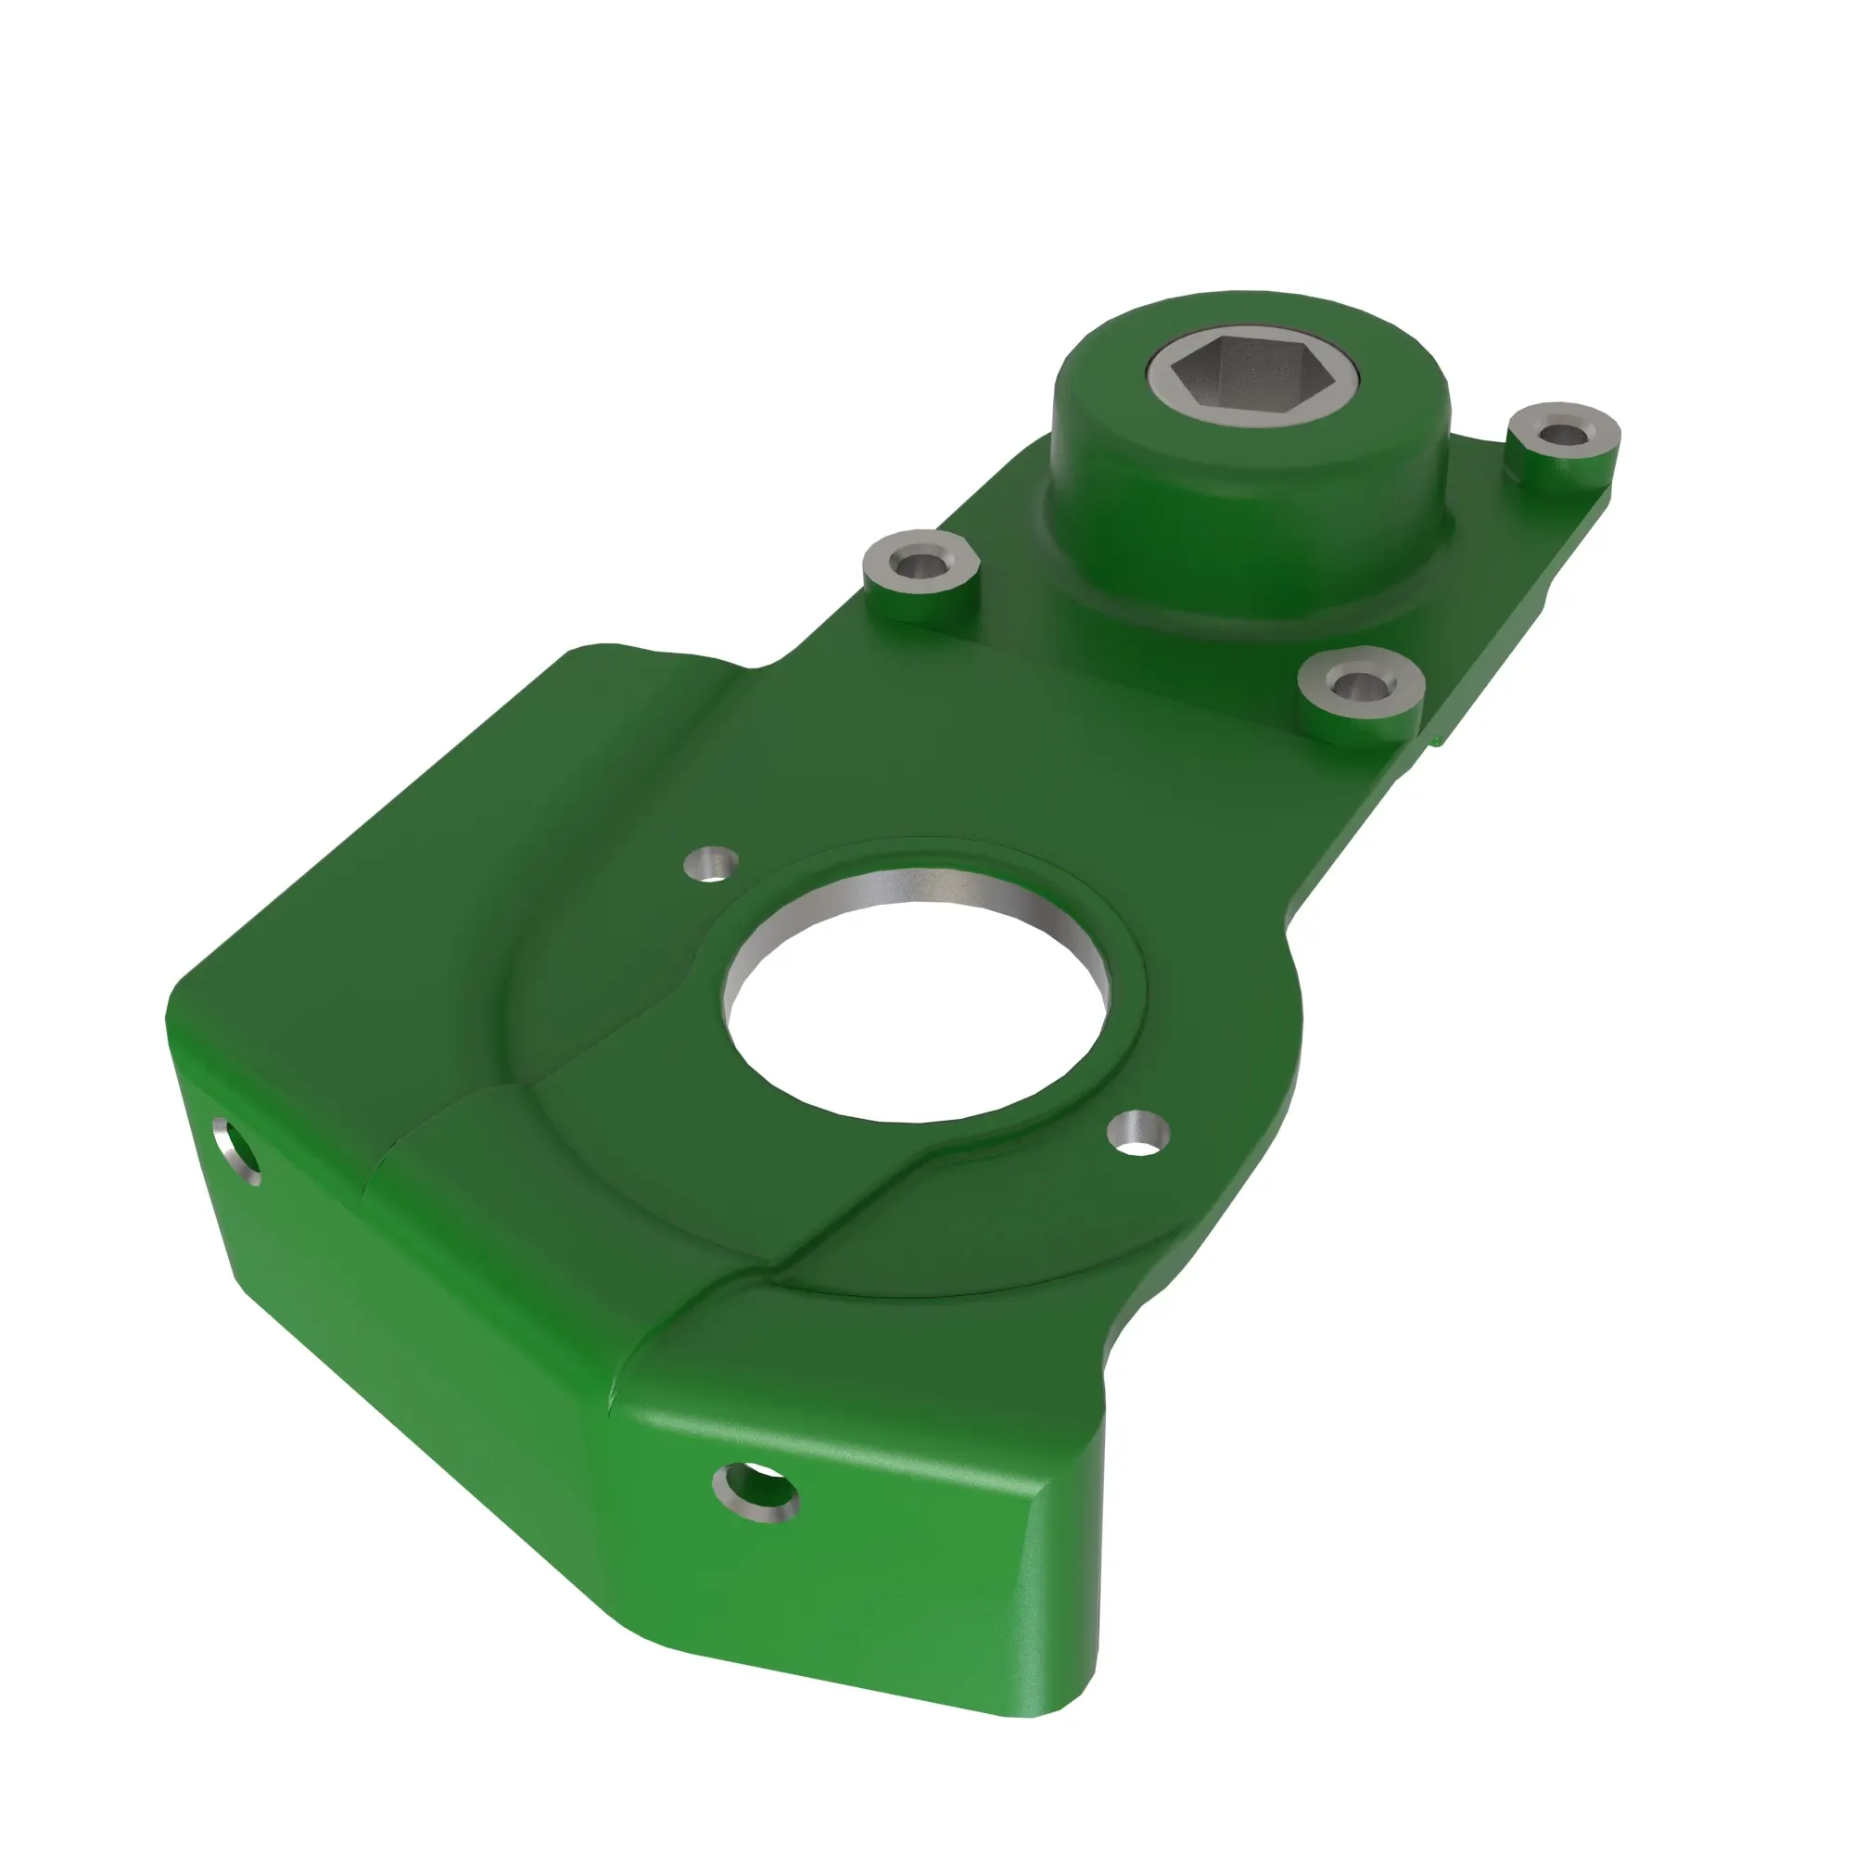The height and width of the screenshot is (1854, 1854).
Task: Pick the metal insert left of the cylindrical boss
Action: click(921, 565)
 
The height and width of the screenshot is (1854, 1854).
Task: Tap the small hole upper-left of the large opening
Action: click(711, 863)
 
